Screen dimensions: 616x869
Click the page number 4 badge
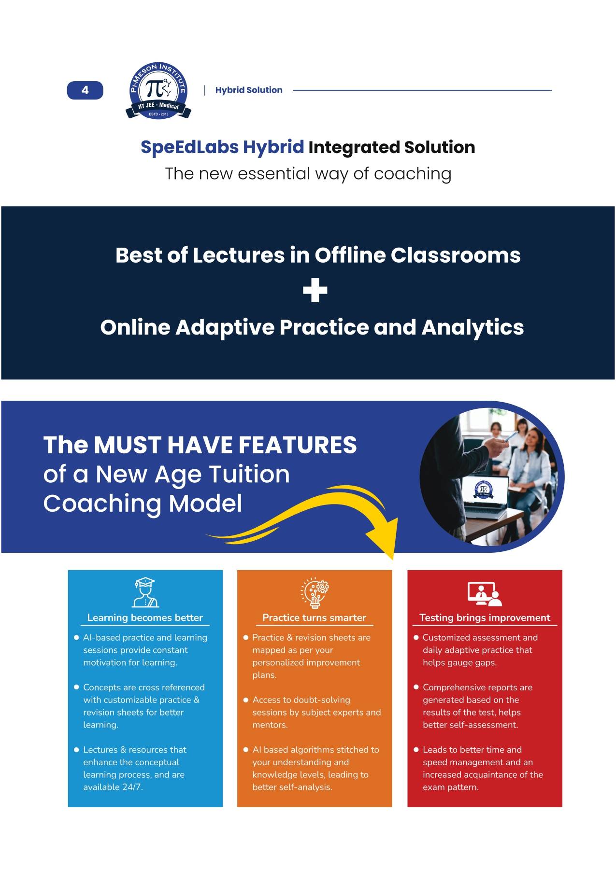point(85,90)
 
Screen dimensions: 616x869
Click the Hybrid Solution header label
point(249,90)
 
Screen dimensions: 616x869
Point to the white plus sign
point(315,291)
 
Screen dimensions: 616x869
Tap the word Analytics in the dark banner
point(473,327)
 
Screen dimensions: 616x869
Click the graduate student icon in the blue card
point(145,592)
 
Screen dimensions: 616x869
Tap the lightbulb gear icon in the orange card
point(315,592)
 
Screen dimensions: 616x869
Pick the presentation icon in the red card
point(485,593)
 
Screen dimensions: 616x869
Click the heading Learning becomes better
point(145,617)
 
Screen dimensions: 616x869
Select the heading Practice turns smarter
point(314,617)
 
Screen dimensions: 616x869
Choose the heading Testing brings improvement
point(485,617)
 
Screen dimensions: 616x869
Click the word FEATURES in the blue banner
point(298,445)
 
